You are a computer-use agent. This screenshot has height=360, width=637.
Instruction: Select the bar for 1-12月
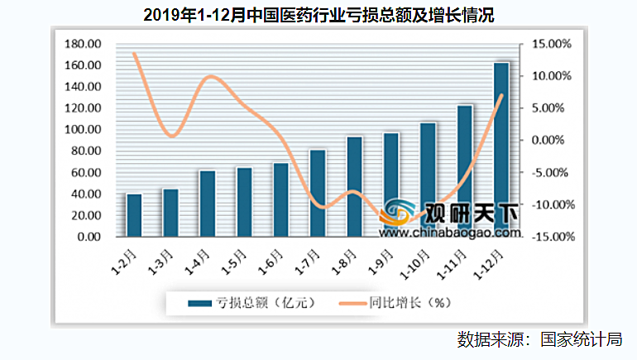click(x=501, y=149)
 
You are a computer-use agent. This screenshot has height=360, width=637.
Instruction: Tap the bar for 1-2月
click(x=134, y=215)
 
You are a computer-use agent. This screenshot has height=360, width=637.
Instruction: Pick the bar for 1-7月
click(x=318, y=193)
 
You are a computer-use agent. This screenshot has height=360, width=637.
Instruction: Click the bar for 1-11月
click(x=465, y=170)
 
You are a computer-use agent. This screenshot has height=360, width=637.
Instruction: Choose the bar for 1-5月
click(x=244, y=202)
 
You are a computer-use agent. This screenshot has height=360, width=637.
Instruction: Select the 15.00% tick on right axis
click(x=550, y=44)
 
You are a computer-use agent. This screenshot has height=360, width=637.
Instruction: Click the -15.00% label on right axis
click(x=548, y=237)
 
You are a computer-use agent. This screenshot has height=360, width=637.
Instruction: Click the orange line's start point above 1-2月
click(x=134, y=53)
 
